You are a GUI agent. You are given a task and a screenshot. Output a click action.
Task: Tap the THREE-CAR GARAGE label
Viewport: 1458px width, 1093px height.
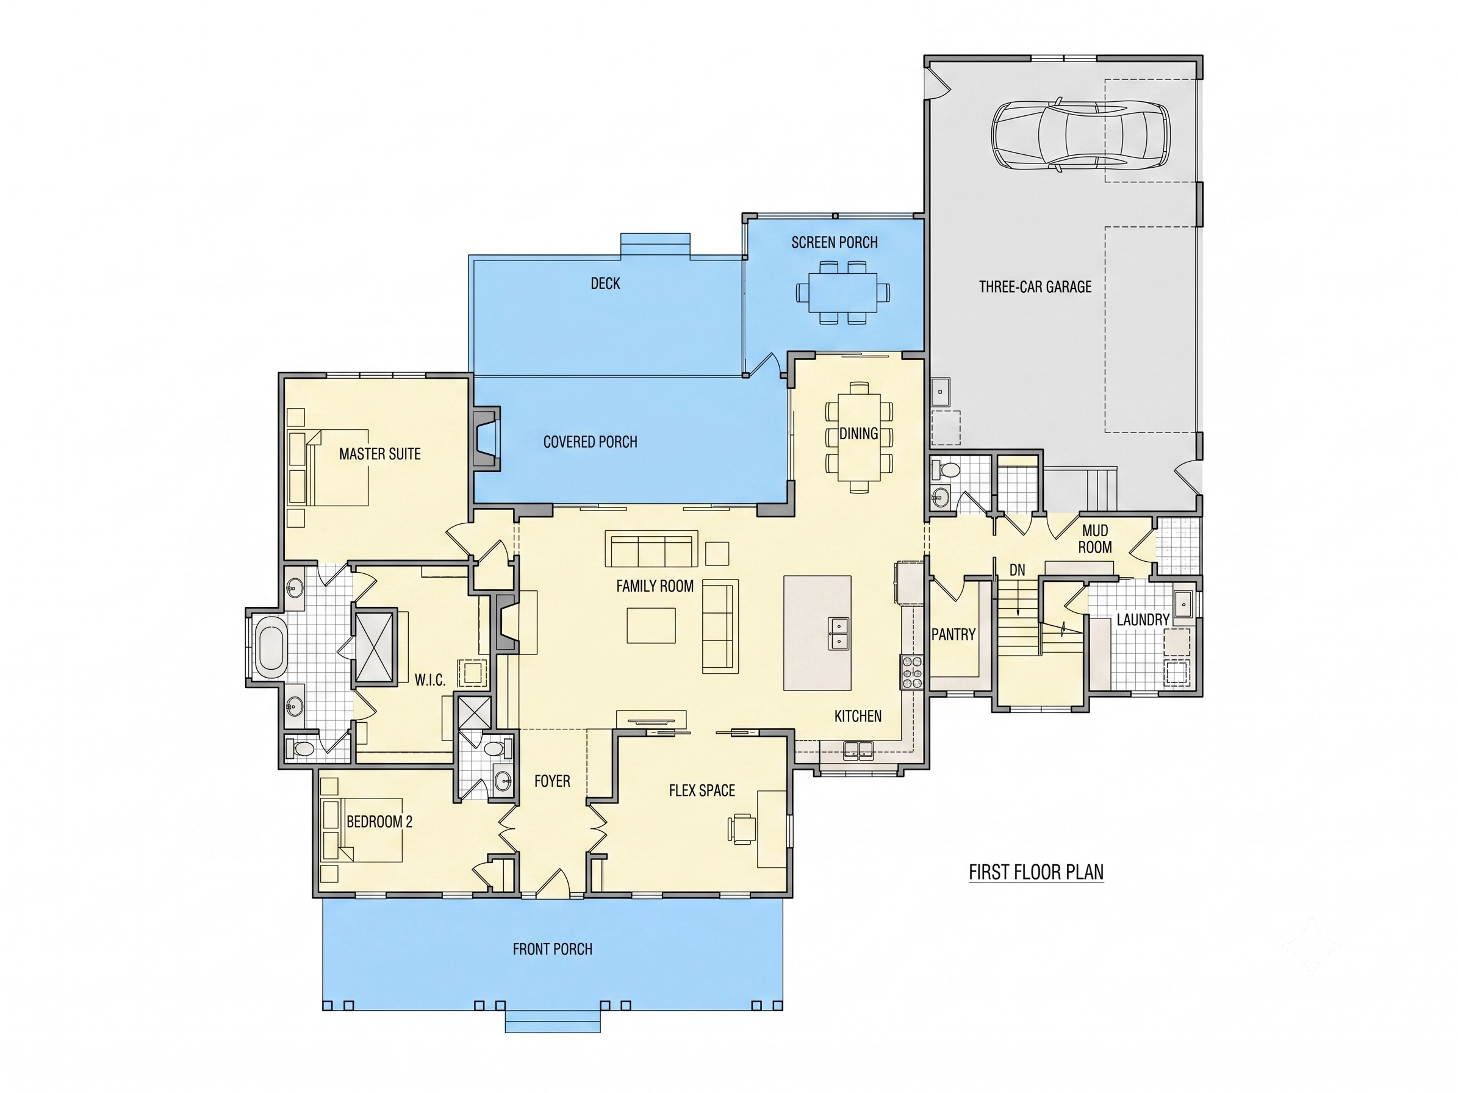[x=1035, y=287]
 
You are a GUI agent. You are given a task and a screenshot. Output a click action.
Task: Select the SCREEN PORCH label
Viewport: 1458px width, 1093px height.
[x=835, y=243]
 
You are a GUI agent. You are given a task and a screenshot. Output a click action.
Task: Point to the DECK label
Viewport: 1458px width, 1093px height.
[x=605, y=283]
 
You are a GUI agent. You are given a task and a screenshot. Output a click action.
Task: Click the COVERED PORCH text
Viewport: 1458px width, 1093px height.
[x=590, y=442]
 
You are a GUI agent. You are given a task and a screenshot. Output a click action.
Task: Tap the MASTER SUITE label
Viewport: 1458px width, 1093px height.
[x=379, y=454]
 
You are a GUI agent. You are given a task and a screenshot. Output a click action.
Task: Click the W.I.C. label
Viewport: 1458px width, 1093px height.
[x=429, y=681]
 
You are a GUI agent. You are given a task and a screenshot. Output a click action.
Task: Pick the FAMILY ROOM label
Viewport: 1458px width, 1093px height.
[x=655, y=586]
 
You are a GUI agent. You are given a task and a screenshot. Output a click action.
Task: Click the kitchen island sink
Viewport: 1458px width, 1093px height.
[x=838, y=634]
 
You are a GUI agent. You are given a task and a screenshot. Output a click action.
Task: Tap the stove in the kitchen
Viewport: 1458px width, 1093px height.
[x=912, y=673]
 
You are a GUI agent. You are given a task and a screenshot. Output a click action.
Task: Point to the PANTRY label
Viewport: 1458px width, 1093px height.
[x=953, y=634]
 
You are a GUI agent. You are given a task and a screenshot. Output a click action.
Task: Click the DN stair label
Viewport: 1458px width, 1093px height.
[x=1017, y=570]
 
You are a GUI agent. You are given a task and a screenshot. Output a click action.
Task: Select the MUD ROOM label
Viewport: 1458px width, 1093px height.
[x=1095, y=539]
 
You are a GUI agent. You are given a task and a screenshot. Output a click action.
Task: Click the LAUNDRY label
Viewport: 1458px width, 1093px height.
[x=1143, y=620]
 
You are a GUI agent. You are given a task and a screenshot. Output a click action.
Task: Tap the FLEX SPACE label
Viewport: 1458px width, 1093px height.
[x=702, y=790]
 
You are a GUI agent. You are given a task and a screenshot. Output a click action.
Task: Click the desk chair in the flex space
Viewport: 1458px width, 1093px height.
[x=742, y=828]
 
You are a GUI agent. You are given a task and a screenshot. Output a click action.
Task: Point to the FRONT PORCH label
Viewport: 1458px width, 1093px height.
[x=552, y=950]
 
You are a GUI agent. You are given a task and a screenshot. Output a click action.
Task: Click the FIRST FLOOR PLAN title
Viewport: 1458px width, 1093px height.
[x=1036, y=872]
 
